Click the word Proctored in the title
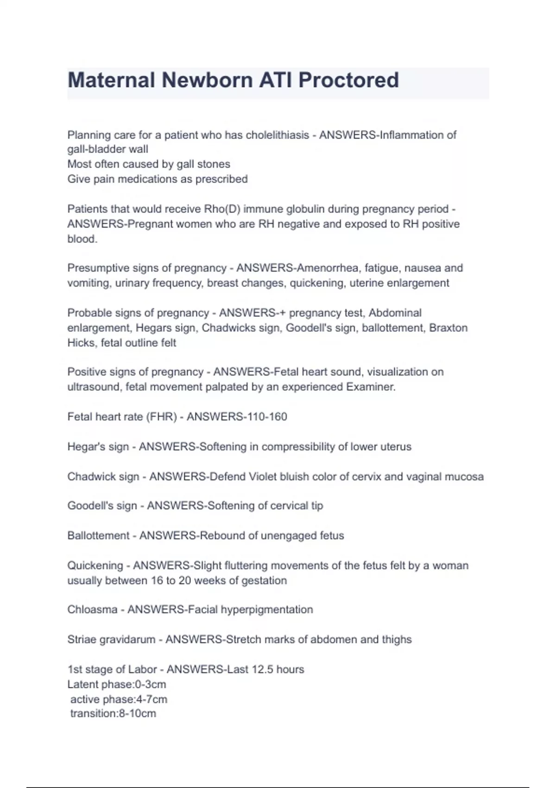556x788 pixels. coord(348,80)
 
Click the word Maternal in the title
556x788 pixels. coord(111,80)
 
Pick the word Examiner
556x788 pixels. coord(371,387)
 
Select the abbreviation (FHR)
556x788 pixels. coord(162,417)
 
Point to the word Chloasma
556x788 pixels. coord(92,610)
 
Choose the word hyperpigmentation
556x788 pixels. coord(266,610)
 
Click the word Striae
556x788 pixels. coord(82,640)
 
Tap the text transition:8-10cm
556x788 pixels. coord(113,713)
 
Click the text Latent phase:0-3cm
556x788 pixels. coord(116,684)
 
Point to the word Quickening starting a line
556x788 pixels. coord(95,566)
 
